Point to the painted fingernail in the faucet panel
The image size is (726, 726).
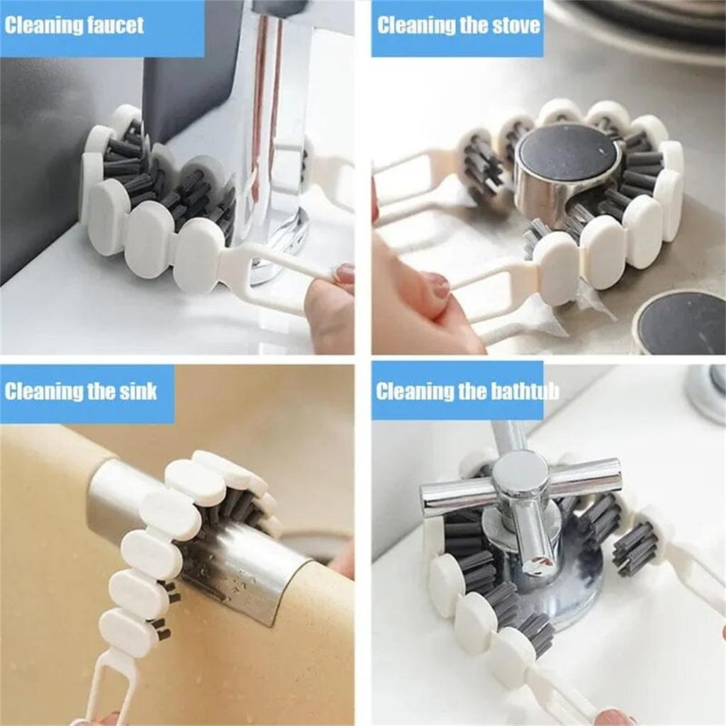(345, 273)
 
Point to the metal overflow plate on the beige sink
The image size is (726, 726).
(234, 553)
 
